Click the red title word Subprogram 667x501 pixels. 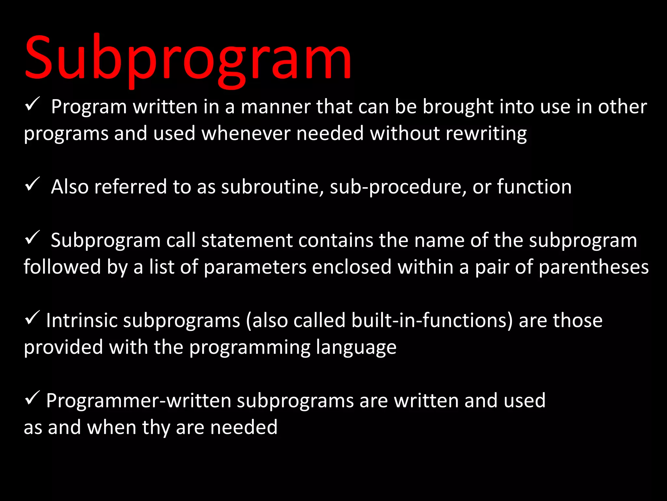click(x=188, y=59)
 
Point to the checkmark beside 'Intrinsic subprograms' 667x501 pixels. click(x=32, y=318)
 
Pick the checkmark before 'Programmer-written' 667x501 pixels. click(x=32, y=398)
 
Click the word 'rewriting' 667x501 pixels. click(x=486, y=134)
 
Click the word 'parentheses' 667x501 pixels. click(x=594, y=267)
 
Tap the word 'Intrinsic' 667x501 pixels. click(x=82, y=320)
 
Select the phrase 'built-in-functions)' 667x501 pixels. click(x=432, y=320)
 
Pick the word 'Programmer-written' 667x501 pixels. click(x=138, y=401)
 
